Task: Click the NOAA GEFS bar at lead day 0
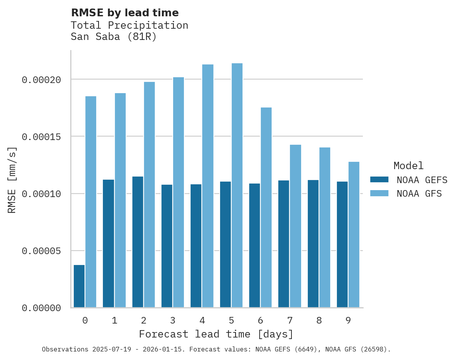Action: [x=79, y=286]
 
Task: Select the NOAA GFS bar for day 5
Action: [x=237, y=185]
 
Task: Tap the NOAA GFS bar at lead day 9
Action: [x=354, y=235]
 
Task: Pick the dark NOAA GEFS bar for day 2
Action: [x=138, y=242]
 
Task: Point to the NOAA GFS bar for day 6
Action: [x=266, y=208]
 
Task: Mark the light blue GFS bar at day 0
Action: [x=91, y=202]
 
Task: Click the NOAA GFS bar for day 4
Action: [x=208, y=186]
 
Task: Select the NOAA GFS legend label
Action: [x=419, y=193]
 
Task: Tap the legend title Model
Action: [x=408, y=166]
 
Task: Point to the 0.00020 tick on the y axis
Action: [x=42, y=80]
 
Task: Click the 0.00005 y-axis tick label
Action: [x=42, y=251]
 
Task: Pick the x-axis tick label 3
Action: [x=173, y=321]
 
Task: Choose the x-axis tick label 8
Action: [x=319, y=321]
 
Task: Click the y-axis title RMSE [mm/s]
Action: [x=12, y=180]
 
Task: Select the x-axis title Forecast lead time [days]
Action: [x=216, y=334]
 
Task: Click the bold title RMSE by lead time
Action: [x=125, y=13]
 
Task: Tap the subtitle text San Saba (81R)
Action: [x=114, y=37]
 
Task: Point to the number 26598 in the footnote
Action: [x=375, y=350]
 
